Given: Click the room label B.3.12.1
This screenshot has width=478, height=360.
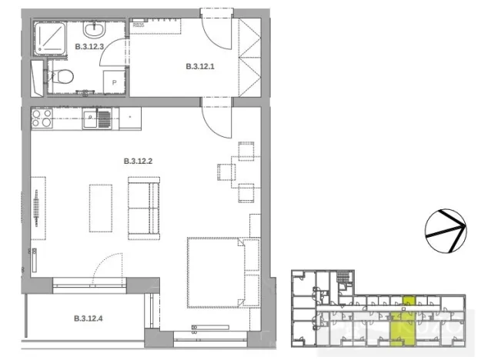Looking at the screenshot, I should click(x=201, y=67).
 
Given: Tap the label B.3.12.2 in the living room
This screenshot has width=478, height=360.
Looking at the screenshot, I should click(x=139, y=162).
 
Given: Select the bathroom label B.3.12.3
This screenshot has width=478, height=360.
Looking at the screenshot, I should click(x=89, y=47).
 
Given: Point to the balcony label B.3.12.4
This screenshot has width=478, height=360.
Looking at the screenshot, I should click(x=89, y=318).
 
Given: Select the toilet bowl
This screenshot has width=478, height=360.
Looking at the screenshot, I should click(x=64, y=76).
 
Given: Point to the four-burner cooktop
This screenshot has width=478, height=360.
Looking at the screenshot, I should click(x=42, y=118).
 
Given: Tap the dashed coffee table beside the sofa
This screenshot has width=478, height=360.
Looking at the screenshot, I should click(x=101, y=207).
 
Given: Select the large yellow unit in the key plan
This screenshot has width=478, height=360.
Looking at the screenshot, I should click(x=399, y=328).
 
